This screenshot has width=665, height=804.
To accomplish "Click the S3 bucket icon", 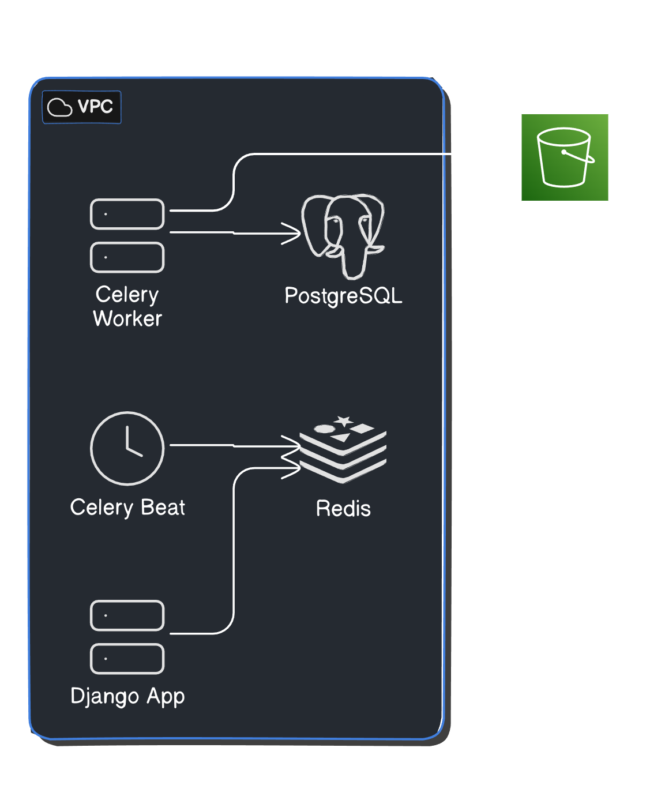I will (x=565, y=157).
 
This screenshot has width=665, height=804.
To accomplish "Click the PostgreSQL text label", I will (x=343, y=296).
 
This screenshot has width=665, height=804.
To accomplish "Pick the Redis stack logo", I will (x=343, y=450).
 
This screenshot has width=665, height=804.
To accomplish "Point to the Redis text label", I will (x=343, y=509).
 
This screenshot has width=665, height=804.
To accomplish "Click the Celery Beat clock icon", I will (x=127, y=448).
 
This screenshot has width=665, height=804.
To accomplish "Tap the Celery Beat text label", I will (x=127, y=508).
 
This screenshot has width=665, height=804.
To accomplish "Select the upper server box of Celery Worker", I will (x=127, y=214).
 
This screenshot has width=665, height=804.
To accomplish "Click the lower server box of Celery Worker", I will (x=127, y=257).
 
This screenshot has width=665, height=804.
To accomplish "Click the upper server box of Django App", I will (x=127, y=615).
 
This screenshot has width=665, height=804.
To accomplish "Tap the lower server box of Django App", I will (x=127, y=659).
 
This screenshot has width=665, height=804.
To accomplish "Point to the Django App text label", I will (x=127, y=696).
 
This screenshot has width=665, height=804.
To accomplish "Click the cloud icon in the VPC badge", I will (x=59, y=107).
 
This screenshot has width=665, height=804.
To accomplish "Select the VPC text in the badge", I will (x=95, y=107).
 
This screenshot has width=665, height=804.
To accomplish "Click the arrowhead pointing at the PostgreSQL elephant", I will (x=295, y=233).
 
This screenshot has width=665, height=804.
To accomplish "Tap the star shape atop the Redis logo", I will (x=344, y=421).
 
